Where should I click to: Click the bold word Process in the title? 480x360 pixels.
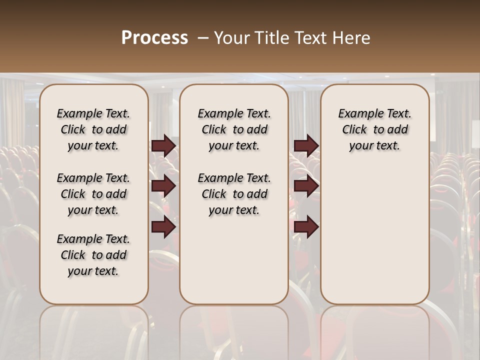click(154, 38)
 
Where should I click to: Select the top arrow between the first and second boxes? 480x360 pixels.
click(163, 145)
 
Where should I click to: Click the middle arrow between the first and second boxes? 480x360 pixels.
click(163, 186)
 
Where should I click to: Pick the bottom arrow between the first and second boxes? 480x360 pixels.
click(163, 227)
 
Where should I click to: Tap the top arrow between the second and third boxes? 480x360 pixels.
click(306, 145)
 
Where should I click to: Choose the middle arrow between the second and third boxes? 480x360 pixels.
click(306, 186)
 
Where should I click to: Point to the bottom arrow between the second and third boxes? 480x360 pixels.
click(306, 227)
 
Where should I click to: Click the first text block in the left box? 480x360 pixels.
click(93, 129)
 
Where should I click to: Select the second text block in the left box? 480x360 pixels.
click(93, 194)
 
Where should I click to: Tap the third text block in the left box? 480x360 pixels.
click(93, 255)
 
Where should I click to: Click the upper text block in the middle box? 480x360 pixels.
click(234, 129)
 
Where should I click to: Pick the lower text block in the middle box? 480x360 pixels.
click(234, 194)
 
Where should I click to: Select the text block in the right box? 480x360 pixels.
click(374, 129)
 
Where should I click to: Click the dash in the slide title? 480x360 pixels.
click(202, 38)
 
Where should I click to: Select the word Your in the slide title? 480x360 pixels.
click(230, 38)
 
